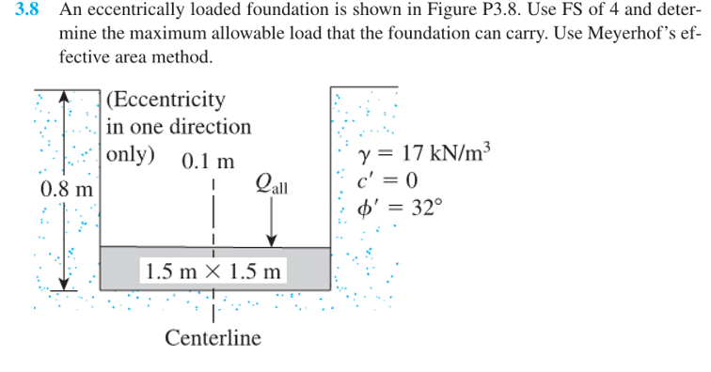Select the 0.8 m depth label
click(67, 188)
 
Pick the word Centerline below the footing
click(213, 337)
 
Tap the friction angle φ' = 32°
click(400, 207)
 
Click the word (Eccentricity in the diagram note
click(166, 100)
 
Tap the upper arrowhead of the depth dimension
click(63, 96)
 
